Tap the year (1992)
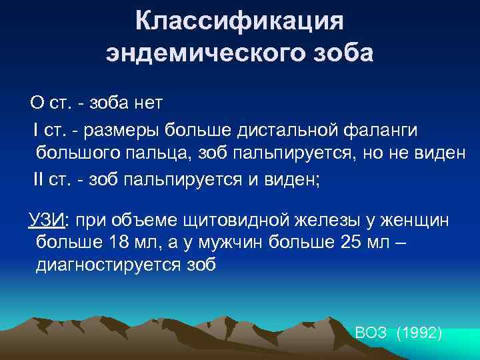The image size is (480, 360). tap(419, 333)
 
